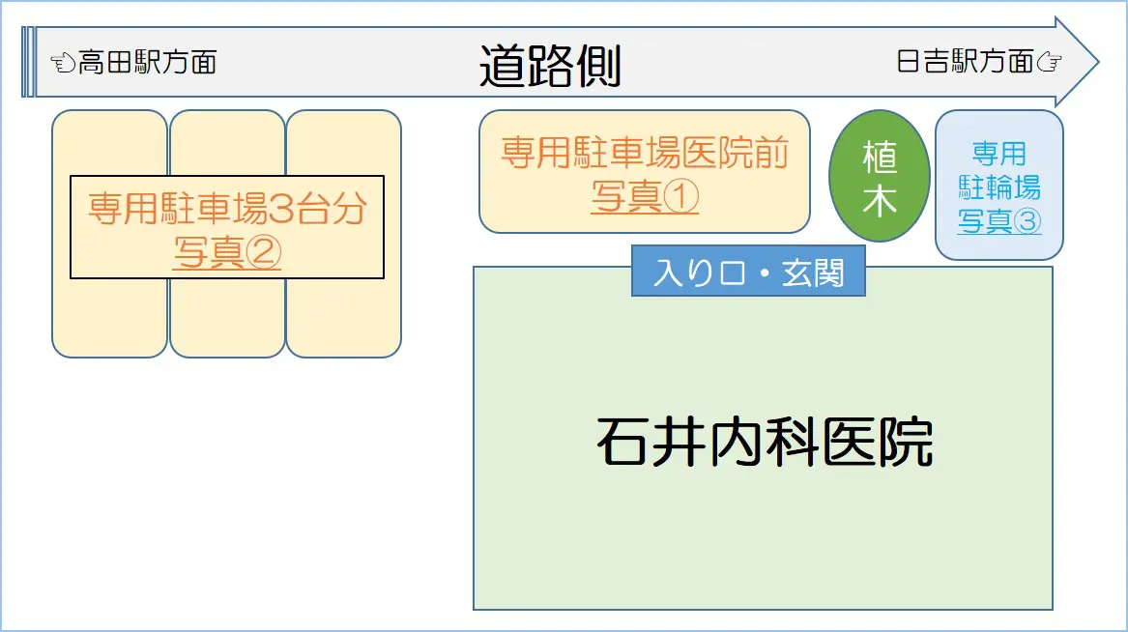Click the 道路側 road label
coord(550,66)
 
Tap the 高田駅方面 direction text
coord(147,63)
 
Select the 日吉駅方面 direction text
coord(965,62)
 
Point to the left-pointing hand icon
coord(63,63)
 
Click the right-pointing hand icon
coord(1049,63)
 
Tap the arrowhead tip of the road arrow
coord(1098,62)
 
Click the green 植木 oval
coord(879,176)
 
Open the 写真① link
coord(645,196)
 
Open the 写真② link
coord(226,251)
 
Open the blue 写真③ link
coord(999,220)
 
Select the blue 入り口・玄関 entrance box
coord(748,271)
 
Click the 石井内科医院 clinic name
coord(764,442)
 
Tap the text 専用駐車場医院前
coord(645,153)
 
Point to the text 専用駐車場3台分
coord(227,209)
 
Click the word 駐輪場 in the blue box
coord(999,187)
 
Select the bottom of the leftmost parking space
coord(109,356)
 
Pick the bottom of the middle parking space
coord(227,356)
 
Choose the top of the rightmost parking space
coord(344,111)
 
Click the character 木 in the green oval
coord(879,201)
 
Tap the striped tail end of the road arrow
coord(28,62)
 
